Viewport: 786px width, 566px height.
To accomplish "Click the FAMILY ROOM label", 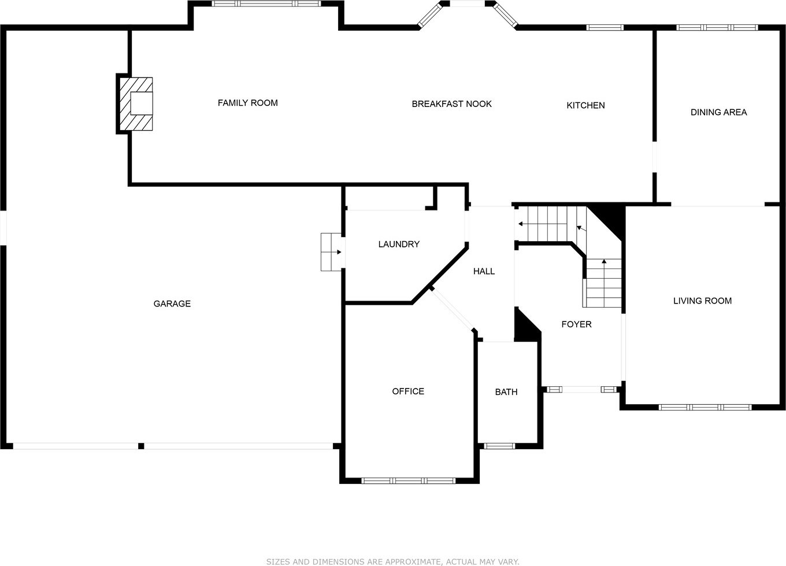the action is [248, 103].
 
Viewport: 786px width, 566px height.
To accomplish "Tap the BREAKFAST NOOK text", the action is [451, 104].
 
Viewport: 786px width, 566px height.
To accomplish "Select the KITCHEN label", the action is [585, 105].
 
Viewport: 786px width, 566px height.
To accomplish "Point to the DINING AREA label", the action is [718, 112].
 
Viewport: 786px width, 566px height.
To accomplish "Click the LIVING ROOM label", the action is [703, 301].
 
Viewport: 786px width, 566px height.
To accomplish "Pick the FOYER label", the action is [577, 324].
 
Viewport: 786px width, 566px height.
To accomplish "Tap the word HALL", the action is [484, 271].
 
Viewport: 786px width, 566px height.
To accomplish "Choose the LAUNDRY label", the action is [399, 244].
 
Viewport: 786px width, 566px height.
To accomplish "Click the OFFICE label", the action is [408, 391].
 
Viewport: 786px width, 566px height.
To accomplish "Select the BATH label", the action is [506, 392].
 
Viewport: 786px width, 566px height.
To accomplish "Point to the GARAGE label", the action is [172, 304].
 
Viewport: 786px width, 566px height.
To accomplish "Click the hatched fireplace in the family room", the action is [136, 104].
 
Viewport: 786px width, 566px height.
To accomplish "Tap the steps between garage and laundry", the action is [331, 252].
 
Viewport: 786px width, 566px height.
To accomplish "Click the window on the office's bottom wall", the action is [409, 480].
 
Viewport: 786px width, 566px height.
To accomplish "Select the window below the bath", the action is [500, 446].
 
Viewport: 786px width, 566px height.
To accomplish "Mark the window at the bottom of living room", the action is [705, 407].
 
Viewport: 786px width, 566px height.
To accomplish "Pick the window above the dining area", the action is [717, 27].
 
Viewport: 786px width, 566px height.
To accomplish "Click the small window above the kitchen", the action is [605, 27].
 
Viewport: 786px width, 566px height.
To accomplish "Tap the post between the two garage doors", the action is [141, 446].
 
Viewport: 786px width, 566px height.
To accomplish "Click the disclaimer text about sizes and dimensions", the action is [392, 562].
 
